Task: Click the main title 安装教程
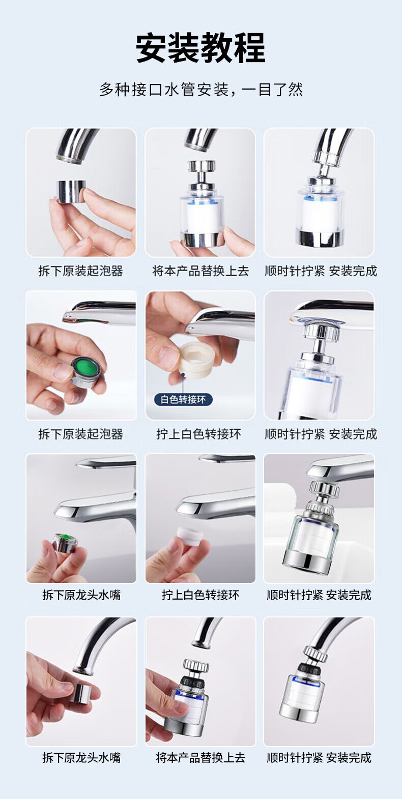coord(200,48)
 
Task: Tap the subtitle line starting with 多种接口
coord(201,90)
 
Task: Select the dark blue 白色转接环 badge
coord(183,399)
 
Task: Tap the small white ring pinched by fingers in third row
coord(190,534)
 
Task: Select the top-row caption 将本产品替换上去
coord(200,271)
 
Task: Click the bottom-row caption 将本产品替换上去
coord(200,757)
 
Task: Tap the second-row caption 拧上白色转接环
coord(199,434)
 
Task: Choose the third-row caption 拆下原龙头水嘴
coord(81,595)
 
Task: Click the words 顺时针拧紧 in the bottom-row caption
coord(295,757)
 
